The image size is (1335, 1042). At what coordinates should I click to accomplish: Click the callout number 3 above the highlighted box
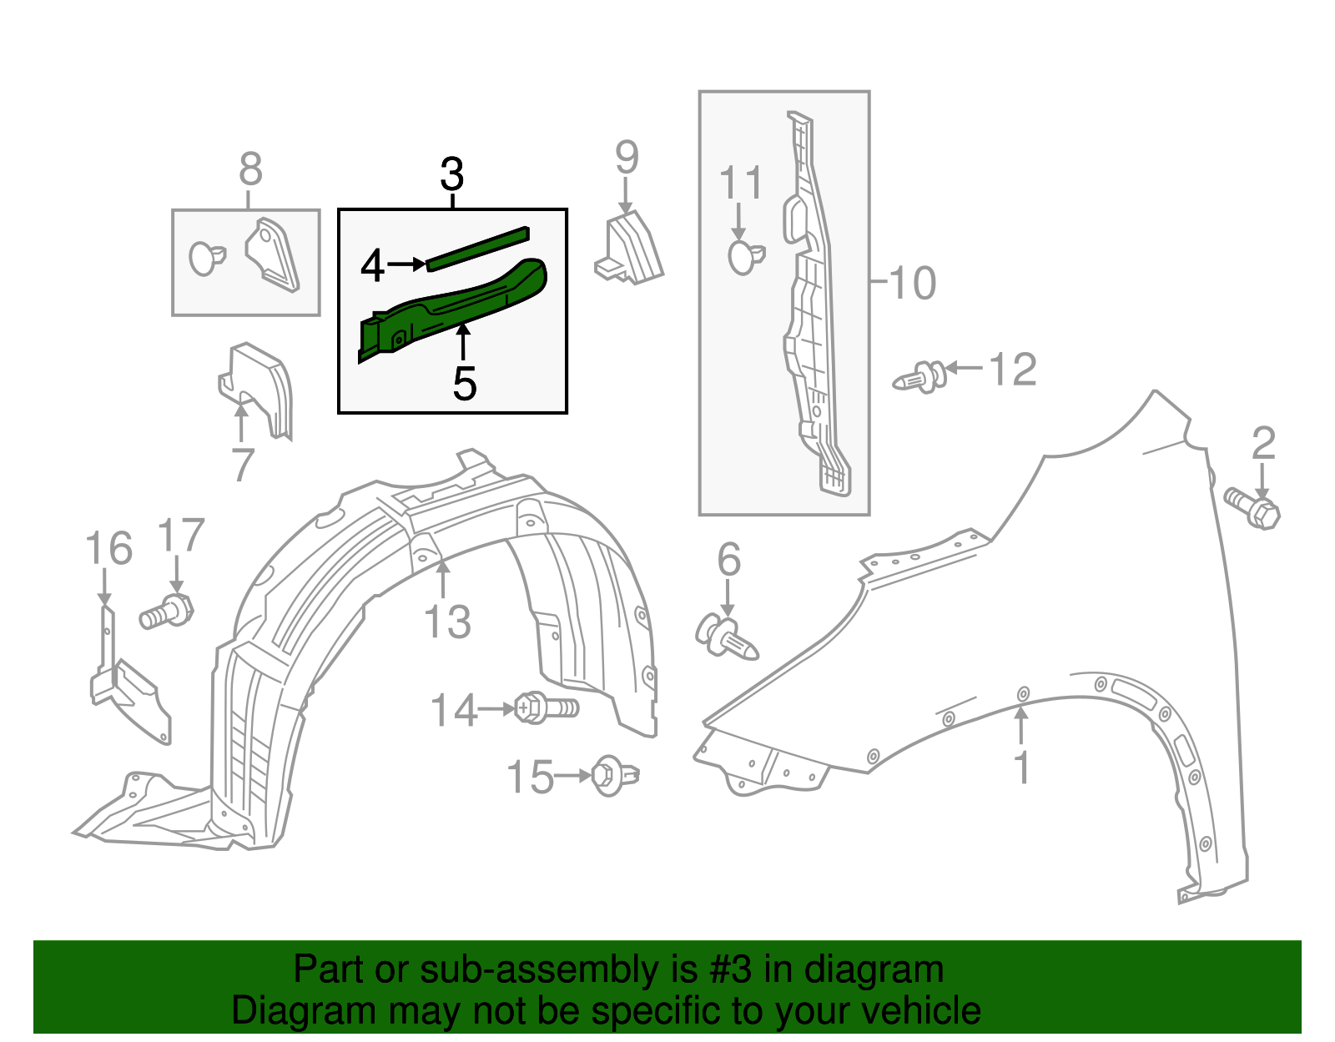pos(451,175)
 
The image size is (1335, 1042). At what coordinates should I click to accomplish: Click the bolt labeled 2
pos(1252,507)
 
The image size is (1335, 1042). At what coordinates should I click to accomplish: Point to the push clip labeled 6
pos(725,639)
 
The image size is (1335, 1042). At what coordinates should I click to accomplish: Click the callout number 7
pos(242,466)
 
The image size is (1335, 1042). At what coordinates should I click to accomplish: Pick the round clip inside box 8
pos(205,258)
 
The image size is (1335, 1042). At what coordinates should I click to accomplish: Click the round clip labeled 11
pos(744,257)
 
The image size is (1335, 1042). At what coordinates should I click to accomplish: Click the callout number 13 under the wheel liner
pos(447,622)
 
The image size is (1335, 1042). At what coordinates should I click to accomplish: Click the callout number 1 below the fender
pos(1022,768)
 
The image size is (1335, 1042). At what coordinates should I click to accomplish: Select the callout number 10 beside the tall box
pos(913,283)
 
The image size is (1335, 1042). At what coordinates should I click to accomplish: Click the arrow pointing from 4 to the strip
pos(407,264)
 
